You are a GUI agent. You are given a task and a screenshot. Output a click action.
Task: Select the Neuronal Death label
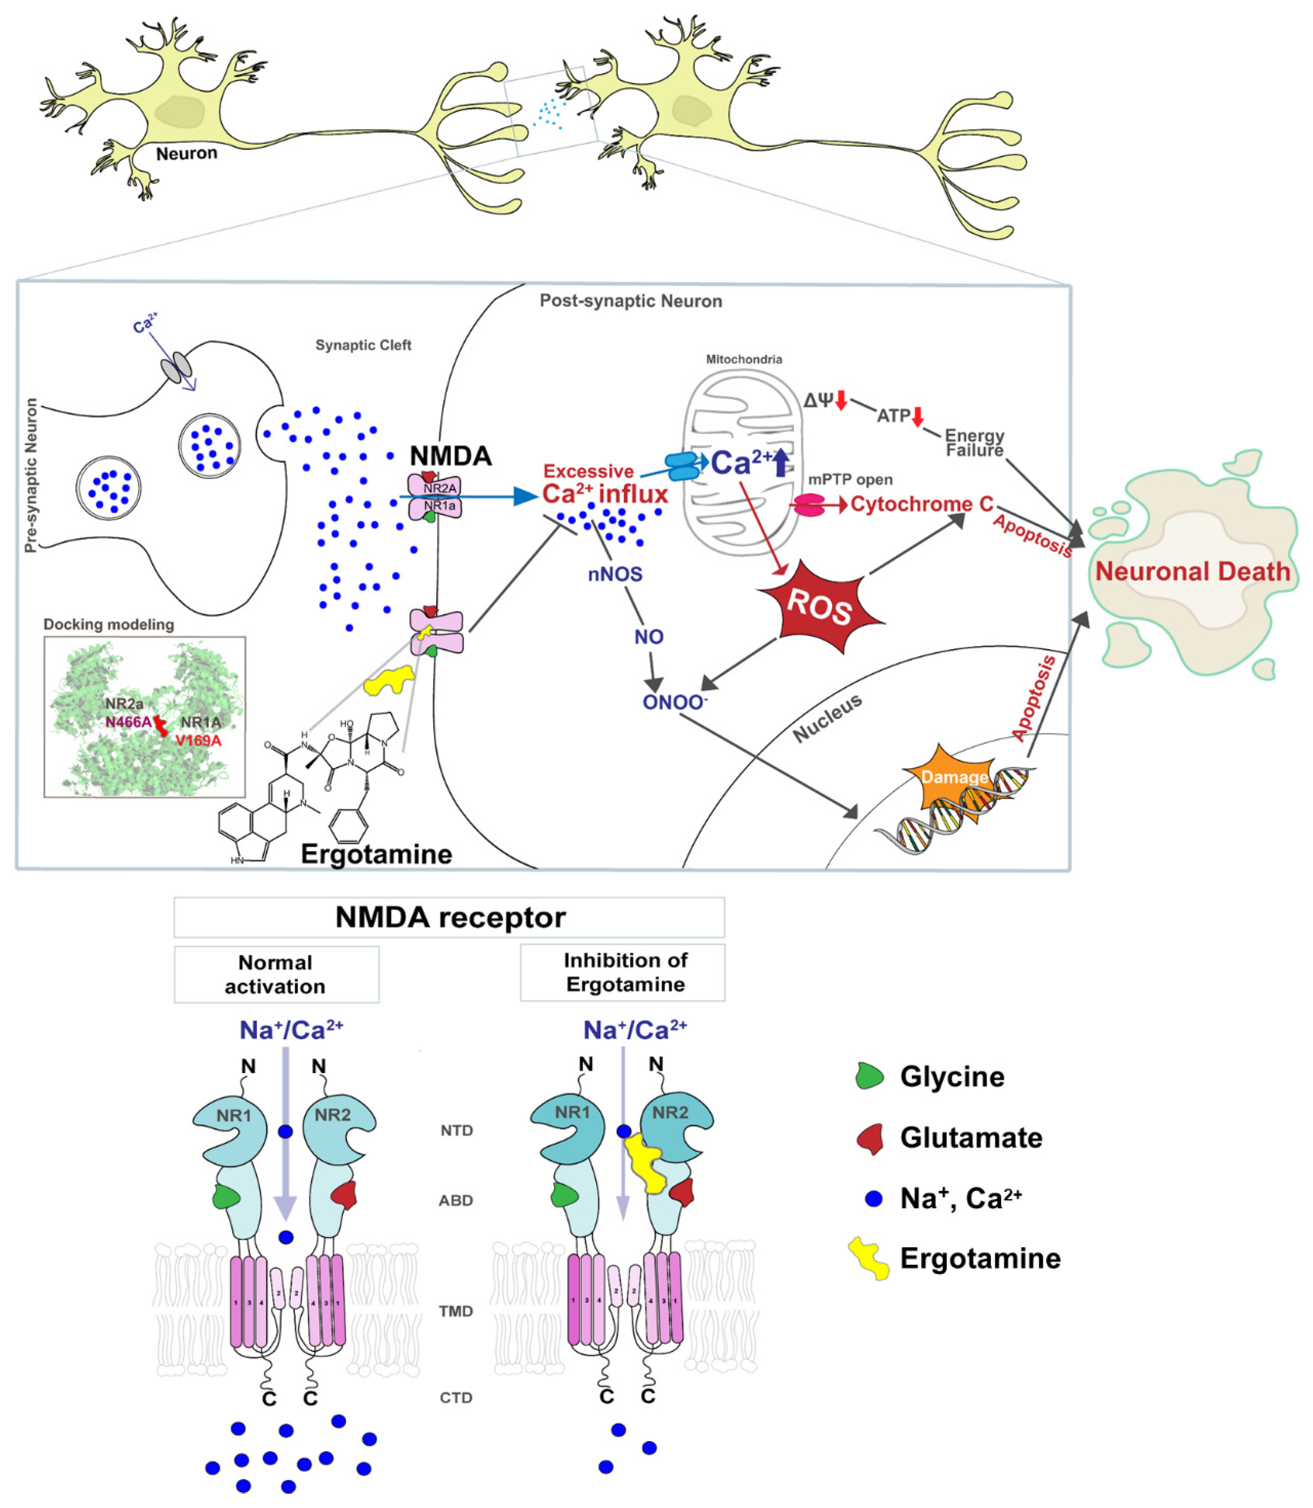[x=1192, y=571]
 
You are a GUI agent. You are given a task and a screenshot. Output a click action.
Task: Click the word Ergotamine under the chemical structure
[x=376, y=854]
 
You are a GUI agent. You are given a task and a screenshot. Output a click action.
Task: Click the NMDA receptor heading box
[x=449, y=917]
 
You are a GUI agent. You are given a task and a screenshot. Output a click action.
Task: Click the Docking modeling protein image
[x=144, y=716]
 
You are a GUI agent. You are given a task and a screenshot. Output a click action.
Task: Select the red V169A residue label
[x=198, y=740]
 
